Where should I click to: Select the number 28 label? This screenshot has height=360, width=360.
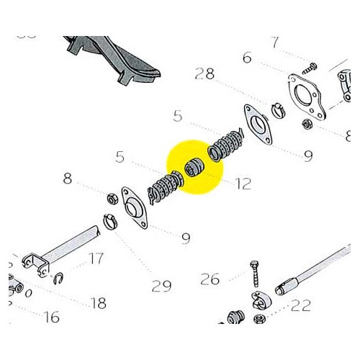[x=204, y=75]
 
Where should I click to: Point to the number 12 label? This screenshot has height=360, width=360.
[x=243, y=184]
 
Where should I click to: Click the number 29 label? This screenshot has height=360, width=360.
[x=161, y=287]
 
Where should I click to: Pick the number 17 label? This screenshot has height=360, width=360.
[x=96, y=258]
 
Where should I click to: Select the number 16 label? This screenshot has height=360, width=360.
[x=51, y=316]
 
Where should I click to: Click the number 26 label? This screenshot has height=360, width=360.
[x=210, y=279]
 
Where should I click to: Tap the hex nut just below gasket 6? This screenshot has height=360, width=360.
[x=305, y=123]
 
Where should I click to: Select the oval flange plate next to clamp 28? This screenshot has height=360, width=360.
[x=253, y=123]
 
